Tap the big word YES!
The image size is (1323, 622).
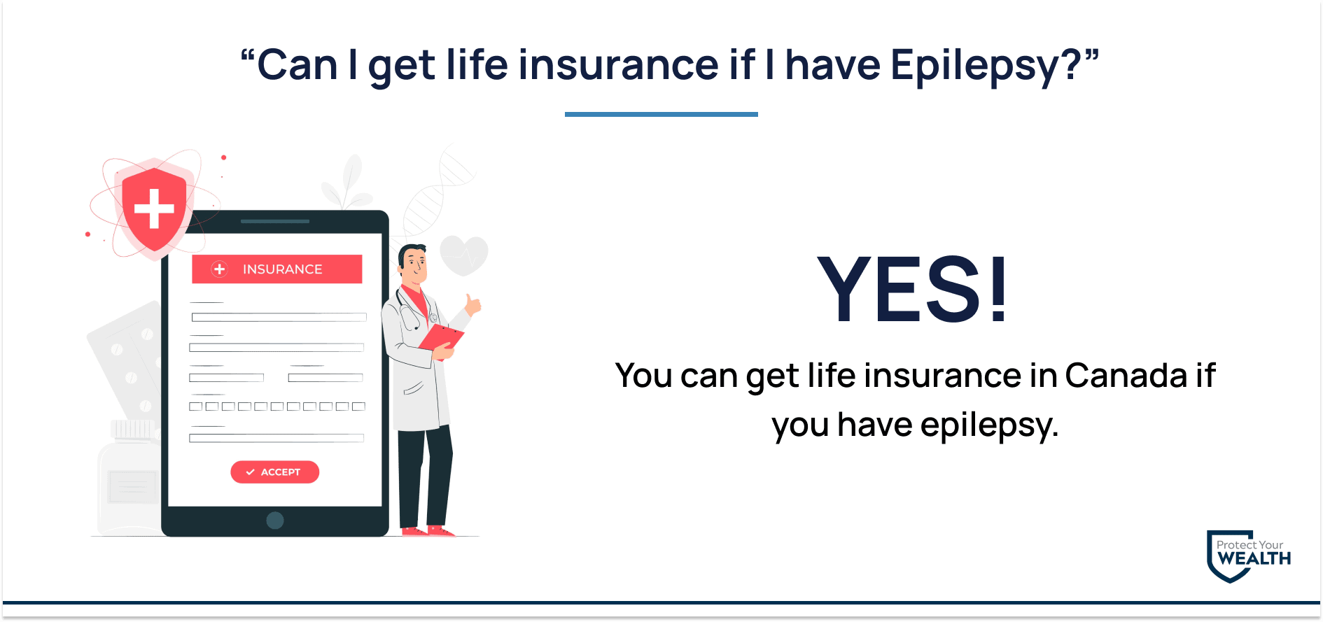913,289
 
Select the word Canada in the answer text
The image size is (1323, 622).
1126,376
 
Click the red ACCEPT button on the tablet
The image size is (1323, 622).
274,472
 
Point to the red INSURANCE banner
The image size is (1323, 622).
277,269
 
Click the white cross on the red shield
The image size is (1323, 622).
154,208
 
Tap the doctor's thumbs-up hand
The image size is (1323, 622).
473,304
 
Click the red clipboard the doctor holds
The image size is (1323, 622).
441,338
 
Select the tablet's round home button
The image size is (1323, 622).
275,521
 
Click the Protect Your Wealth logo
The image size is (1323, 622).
1249,556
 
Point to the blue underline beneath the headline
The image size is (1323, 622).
661,114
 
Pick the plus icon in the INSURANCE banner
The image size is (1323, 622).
220,269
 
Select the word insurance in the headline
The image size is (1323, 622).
619,65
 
